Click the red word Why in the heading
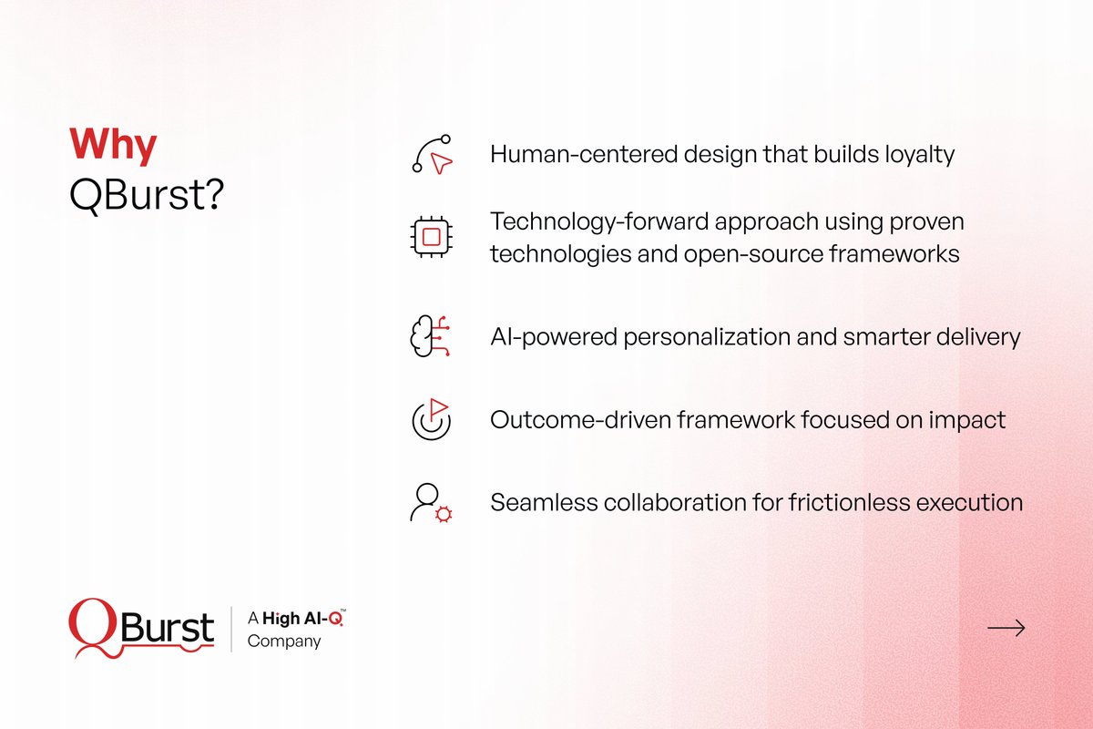(x=113, y=146)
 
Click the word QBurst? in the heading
(x=146, y=195)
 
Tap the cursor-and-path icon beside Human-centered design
(x=432, y=154)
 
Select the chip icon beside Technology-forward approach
(x=432, y=237)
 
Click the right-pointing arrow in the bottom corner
(x=1006, y=628)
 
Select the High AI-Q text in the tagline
(x=304, y=619)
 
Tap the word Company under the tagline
(x=284, y=641)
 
